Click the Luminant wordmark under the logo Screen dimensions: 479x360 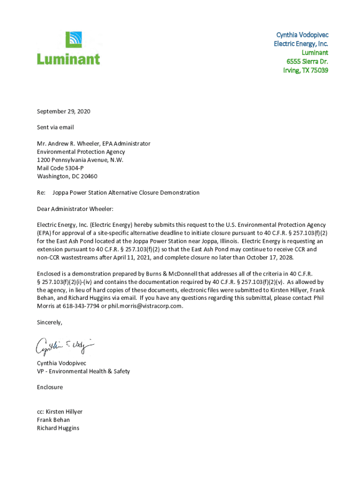(68, 59)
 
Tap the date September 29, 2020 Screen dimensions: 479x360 (64, 111)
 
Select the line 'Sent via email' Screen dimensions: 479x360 (55, 127)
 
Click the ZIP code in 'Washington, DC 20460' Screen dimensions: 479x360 (88, 176)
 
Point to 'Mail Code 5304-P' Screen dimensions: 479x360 (60, 168)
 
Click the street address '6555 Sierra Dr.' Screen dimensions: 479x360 (307, 61)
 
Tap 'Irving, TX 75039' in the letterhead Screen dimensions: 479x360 (305, 70)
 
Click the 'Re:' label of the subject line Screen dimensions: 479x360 (41, 192)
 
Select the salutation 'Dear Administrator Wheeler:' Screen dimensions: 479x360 (75, 209)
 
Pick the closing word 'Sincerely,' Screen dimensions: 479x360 (49, 322)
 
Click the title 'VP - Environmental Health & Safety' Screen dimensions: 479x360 (83, 371)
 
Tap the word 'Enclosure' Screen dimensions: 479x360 (50, 387)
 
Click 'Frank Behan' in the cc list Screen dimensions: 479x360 (53, 420)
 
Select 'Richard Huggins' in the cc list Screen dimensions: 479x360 (58, 428)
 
